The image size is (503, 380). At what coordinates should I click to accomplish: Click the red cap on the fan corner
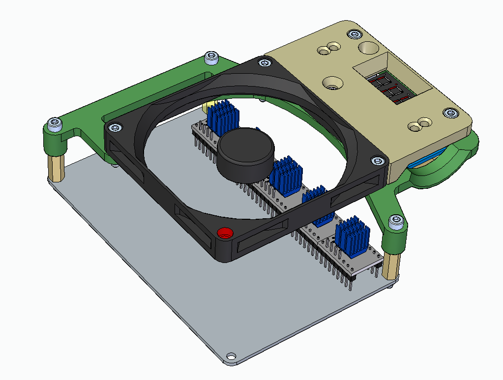[226, 233]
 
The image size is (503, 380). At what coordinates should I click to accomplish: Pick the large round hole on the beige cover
[368, 48]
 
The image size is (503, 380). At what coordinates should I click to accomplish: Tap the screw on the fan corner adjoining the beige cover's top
[265, 63]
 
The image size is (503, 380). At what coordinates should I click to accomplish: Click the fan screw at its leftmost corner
[115, 128]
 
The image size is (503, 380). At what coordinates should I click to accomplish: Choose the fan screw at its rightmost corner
[377, 161]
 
